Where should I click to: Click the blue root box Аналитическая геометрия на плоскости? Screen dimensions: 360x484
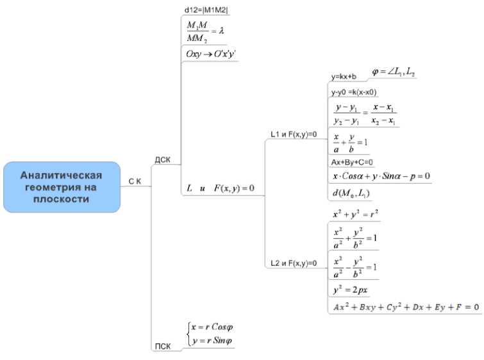[62, 186]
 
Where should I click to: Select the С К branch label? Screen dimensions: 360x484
[135, 182]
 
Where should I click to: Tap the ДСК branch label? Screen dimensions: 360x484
[163, 159]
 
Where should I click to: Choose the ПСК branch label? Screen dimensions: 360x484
[162, 347]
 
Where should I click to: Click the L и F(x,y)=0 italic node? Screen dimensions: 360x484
[221, 188]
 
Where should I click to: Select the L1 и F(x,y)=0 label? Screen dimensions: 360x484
[294, 134]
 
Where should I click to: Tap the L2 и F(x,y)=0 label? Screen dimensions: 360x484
[294, 263]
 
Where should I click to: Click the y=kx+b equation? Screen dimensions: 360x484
[344, 78]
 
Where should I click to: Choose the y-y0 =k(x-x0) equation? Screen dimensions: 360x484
[353, 92]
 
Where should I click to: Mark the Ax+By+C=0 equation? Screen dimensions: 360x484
[351, 162]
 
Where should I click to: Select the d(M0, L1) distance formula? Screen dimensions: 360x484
[351, 192]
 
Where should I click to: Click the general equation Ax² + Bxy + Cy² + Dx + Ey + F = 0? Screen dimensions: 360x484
[405, 307]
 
